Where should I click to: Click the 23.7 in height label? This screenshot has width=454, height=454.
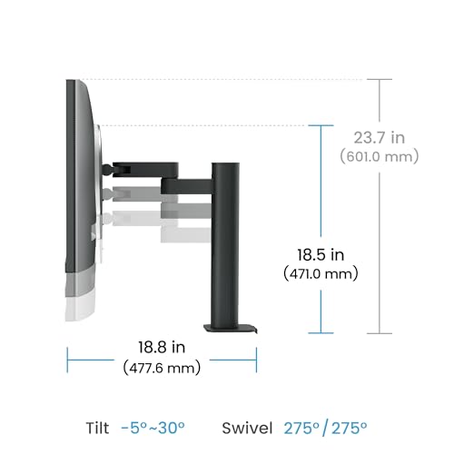coord(380,138)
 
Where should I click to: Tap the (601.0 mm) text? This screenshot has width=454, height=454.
coord(380,157)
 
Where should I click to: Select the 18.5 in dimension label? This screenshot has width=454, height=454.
coord(321,255)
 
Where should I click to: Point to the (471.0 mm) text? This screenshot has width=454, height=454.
coord(321,274)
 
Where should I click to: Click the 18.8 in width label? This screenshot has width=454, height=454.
coord(162,347)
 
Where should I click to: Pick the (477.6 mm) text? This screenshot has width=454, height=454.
coord(162,368)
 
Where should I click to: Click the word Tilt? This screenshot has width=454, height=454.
coord(97,428)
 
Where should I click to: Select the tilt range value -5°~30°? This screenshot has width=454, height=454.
coord(153,428)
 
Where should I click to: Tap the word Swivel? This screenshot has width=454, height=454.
coord(247,428)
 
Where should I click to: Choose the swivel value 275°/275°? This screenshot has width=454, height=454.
coord(325,428)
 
